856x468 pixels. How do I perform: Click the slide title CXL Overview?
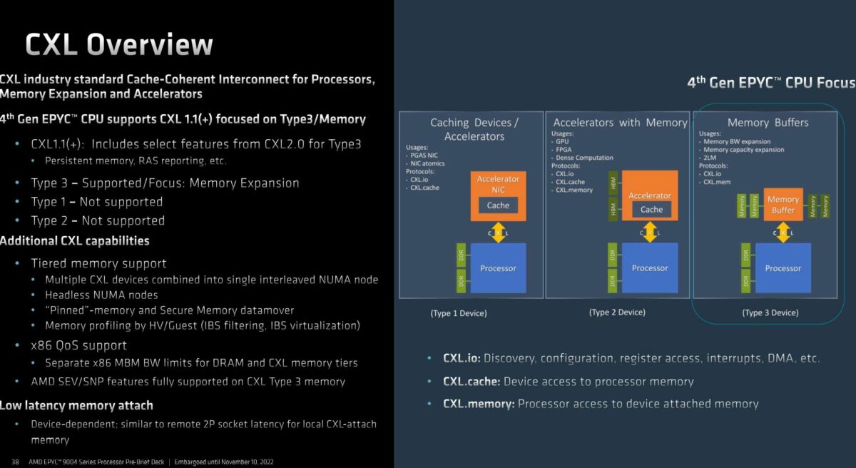click(118, 44)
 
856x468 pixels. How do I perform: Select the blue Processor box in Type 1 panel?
click(498, 268)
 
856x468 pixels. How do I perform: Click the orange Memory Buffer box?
click(783, 205)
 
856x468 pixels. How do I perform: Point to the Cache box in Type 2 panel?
click(651, 210)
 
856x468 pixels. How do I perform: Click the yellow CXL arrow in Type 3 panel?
click(783, 233)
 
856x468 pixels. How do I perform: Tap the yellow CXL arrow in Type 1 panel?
click(498, 233)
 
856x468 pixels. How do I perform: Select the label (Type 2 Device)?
click(617, 312)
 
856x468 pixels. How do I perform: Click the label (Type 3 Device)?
click(770, 312)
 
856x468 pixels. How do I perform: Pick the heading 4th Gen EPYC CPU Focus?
click(770, 83)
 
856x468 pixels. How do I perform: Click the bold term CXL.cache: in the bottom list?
click(471, 382)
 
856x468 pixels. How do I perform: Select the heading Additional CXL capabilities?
click(74, 240)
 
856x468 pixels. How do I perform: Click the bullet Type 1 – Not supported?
click(97, 202)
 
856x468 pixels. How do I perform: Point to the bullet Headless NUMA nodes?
click(101, 295)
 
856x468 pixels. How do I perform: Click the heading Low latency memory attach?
click(76, 405)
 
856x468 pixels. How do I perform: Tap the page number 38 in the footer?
click(15, 462)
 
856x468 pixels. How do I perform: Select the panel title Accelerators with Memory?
click(620, 123)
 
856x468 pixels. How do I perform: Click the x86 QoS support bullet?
click(78, 345)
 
